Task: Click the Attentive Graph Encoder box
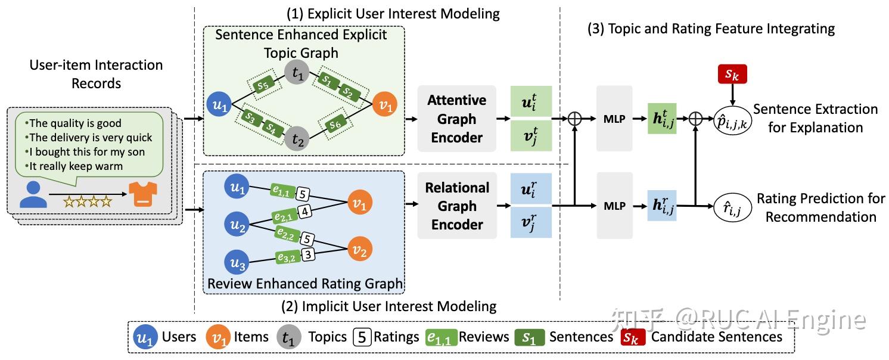[456, 118]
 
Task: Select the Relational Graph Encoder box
[457, 206]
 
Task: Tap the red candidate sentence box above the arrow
[732, 74]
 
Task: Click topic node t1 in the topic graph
[297, 72]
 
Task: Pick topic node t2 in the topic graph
[297, 139]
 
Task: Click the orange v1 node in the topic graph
[384, 104]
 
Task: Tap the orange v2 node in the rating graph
[359, 249]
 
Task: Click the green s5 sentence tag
[263, 85]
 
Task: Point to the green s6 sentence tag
[335, 125]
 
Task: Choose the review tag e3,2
[287, 257]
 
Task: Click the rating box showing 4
[304, 211]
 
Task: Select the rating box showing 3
[308, 255]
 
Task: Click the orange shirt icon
[143, 194]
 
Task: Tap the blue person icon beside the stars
[33, 194]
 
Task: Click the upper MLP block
[614, 118]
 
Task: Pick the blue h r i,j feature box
[661, 206]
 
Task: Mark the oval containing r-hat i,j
[733, 207]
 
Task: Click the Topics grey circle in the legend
[289, 337]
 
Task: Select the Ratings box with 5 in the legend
[362, 337]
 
